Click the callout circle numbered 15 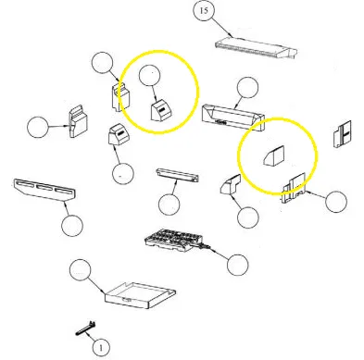point(204,11)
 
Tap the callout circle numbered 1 point(101,348)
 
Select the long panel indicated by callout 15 point(257,48)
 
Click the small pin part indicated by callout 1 point(85,329)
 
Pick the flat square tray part point(141,295)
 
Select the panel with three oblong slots point(45,190)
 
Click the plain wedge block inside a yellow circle point(274,156)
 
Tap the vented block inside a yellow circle point(161,110)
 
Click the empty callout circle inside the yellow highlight point(150,75)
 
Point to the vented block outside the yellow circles point(119,134)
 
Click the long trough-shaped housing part point(233,118)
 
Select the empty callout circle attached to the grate point(237,265)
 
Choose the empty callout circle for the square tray point(81,270)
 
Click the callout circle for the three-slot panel point(72,226)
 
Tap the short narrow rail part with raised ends point(178,175)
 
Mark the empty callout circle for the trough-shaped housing point(247,88)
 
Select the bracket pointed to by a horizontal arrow point(78,121)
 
